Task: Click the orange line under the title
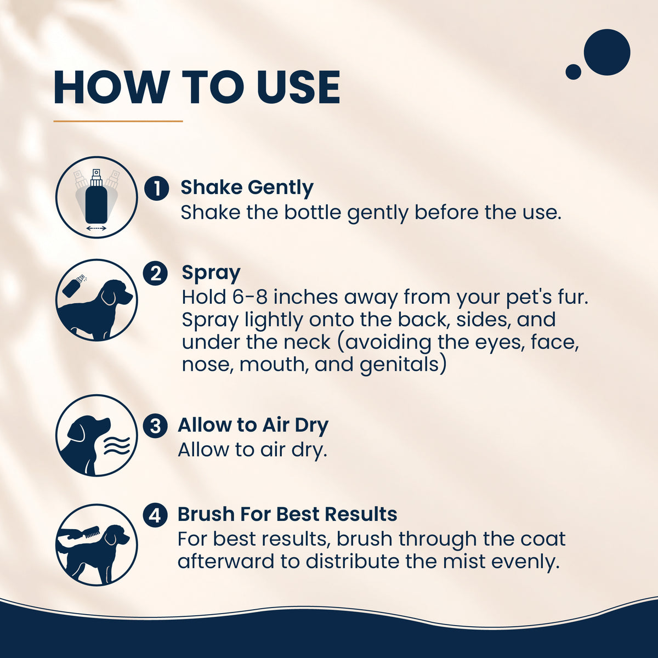(118, 121)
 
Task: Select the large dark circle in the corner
(607, 52)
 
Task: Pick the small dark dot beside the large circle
(574, 72)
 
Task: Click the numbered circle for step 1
(156, 188)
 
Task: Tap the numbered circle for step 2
(155, 273)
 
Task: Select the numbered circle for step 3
(155, 426)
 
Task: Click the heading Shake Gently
(247, 189)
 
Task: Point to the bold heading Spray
(211, 274)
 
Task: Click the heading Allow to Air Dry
(253, 426)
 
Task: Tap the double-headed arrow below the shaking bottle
(97, 228)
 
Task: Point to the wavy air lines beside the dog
(117, 446)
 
